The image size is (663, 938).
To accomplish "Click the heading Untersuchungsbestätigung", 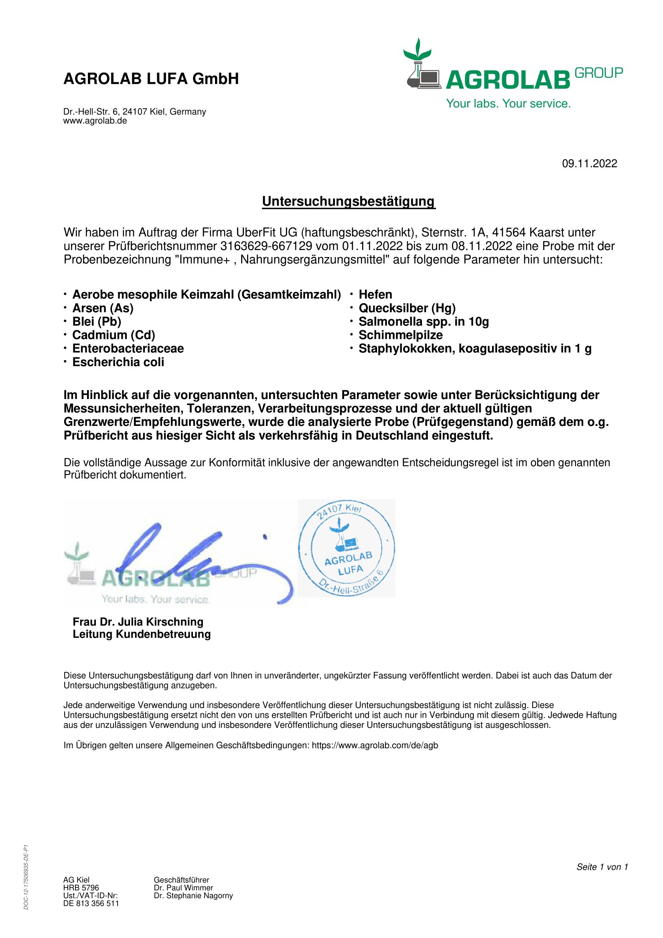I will (x=349, y=201).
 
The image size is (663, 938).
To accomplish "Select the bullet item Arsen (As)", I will (x=103, y=308).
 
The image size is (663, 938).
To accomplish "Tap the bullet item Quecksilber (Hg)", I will (x=407, y=308).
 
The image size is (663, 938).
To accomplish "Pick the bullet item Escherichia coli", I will (x=118, y=362).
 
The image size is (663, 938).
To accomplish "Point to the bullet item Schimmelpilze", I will (x=400, y=335).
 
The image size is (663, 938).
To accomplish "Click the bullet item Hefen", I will (x=375, y=295).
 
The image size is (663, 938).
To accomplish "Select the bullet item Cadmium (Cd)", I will (x=114, y=335).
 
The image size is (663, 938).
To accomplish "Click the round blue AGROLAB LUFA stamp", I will (x=347, y=548).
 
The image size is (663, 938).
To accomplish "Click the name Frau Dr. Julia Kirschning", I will (x=138, y=622).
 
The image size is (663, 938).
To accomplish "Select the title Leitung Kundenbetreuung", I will (x=141, y=634).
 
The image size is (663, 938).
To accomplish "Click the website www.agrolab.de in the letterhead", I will (x=95, y=121).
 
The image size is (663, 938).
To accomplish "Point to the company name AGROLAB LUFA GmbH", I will (x=151, y=79).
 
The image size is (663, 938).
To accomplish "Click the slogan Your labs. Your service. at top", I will (x=508, y=103).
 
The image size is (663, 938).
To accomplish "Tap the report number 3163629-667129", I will (x=266, y=246).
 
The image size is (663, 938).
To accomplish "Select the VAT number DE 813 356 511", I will (x=91, y=903).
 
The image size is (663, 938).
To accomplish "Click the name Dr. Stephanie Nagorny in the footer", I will (x=193, y=895).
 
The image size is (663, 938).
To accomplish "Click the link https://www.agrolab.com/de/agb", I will (x=375, y=745).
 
